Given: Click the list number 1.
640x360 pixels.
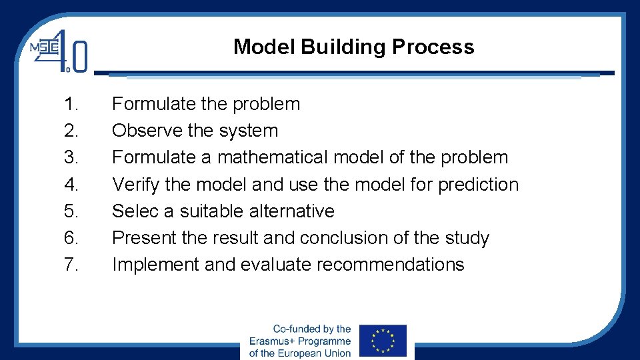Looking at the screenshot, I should [x=72, y=104].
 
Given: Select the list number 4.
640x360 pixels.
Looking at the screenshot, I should [x=72, y=184].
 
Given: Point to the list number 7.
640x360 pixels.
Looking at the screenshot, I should [x=72, y=265].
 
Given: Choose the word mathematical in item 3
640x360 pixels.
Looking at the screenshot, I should [x=273, y=157].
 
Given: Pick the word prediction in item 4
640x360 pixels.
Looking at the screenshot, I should [x=478, y=185].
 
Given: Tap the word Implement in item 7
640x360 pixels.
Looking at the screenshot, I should [x=155, y=265].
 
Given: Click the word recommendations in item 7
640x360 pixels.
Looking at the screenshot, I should [x=390, y=265].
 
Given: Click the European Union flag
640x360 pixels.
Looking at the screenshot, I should [x=383, y=341].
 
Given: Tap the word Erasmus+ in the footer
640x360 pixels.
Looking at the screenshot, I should [x=273, y=341].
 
